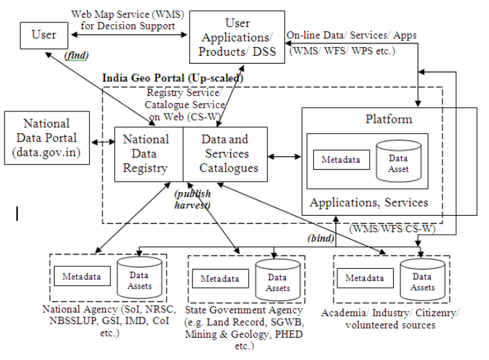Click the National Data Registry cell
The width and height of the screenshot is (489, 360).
(148, 153)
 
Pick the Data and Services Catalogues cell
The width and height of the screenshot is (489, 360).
(224, 153)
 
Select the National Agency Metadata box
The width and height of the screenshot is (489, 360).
(82, 276)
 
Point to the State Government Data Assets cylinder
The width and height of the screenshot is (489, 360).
(278, 279)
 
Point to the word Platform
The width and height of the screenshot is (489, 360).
(389, 119)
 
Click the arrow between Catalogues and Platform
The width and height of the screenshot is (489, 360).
(284, 156)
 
